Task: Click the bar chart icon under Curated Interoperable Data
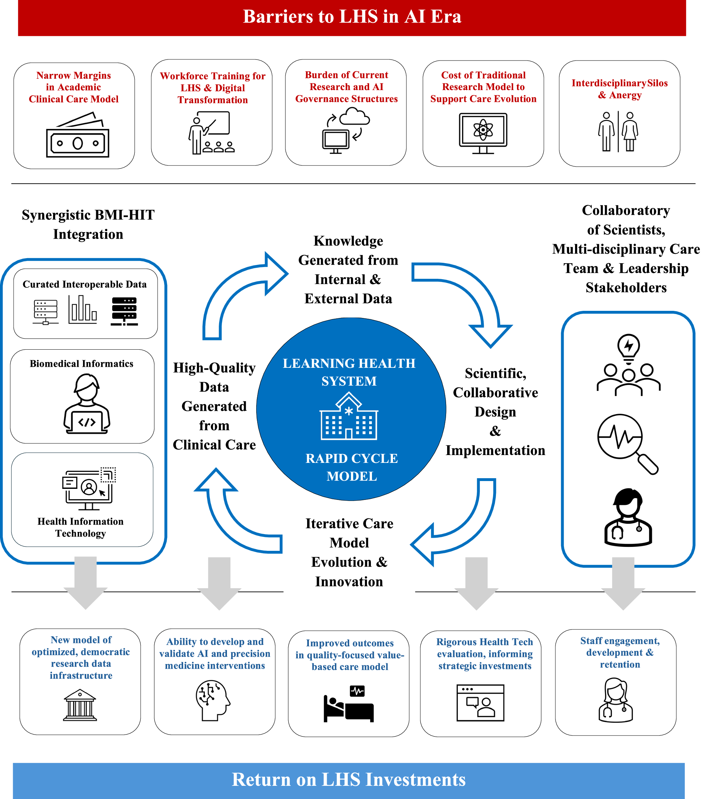[x=82, y=310]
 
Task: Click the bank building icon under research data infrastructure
[x=80, y=705]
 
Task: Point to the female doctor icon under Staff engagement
[x=616, y=701]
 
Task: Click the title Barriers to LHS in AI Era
[x=352, y=16]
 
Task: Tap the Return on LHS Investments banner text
[x=349, y=779]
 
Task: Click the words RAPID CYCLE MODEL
[x=352, y=467]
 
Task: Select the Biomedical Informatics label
[x=82, y=364]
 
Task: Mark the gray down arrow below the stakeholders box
[x=623, y=583]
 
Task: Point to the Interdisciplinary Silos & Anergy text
[x=620, y=89]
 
